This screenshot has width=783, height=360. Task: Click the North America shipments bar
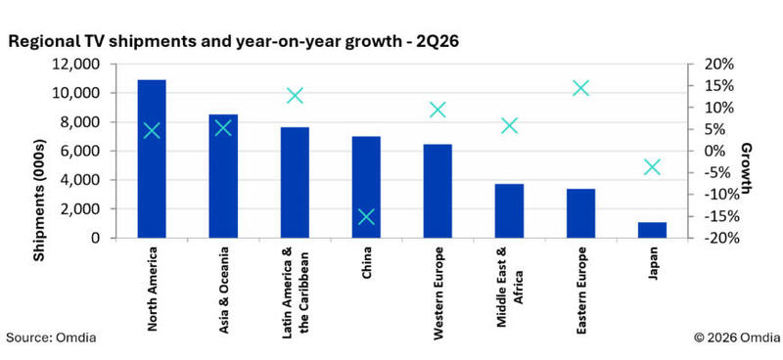coord(152,158)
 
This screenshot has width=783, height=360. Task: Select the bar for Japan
coord(652,230)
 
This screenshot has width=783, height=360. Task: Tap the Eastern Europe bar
coord(580,213)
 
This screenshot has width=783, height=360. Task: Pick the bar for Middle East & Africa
coord(509,210)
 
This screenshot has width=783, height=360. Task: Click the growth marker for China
coord(366,217)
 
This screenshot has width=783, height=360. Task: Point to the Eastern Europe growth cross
coord(580,88)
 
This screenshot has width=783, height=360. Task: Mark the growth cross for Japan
coord(652,167)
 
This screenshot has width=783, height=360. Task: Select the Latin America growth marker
coord(296,95)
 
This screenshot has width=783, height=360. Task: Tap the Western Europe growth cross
coord(438,110)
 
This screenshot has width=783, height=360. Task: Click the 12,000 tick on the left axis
coord(76,65)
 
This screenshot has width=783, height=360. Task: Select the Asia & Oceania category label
coord(224,291)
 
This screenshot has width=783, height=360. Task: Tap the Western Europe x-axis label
coord(438,294)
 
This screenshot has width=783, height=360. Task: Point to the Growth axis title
coord(747,168)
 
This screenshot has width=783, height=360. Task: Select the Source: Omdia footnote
coord(52,337)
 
